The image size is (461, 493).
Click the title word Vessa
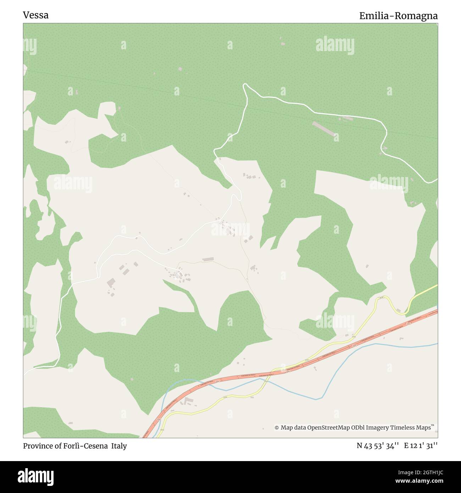[x=36, y=15]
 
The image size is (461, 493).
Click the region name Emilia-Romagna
[x=398, y=16]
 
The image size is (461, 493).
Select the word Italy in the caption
[x=119, y=446]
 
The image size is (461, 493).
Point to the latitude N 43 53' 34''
[x=378, y=446]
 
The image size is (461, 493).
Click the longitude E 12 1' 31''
[x=421, y=446]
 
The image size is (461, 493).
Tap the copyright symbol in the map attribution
[x=277, y=428]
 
